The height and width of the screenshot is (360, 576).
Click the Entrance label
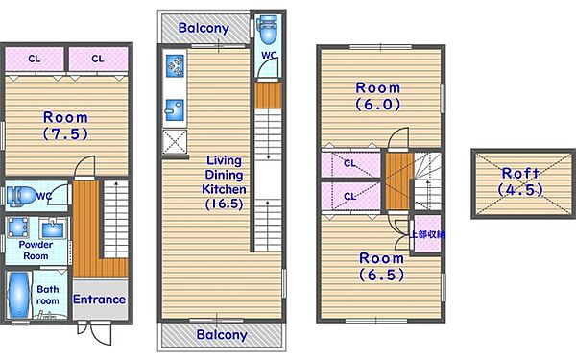[x=99, y=300]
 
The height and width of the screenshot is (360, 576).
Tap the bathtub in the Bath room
[x=18, y=295]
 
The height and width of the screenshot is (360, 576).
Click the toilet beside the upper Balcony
[x=267, y=29]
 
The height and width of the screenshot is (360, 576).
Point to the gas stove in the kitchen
[x=175, y=65]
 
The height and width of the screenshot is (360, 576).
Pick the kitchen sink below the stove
[x=175, y=109]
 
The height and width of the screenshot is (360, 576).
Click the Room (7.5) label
[x=65, y=125]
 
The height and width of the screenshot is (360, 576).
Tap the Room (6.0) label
[x=378, y=96]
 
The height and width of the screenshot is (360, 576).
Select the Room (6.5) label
[x=382, y=266]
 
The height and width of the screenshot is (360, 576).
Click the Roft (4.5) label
[x=520, y=181]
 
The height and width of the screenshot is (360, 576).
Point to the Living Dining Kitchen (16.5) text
[x=224, y=182]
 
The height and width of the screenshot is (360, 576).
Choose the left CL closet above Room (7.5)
[x=35, y=59]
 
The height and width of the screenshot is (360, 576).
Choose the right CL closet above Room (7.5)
[x=99, y=59]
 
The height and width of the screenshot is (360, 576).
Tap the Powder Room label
[x=36, y=251]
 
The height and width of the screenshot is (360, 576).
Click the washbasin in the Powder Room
[x=53, y=228]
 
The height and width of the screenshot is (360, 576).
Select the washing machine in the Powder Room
[x=18, y=228]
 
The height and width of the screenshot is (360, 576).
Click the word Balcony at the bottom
[x=222, y=335]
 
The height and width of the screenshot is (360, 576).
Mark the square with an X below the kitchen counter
[x=175, y=142]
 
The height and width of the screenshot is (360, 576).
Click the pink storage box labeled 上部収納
[x=427, y=234]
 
